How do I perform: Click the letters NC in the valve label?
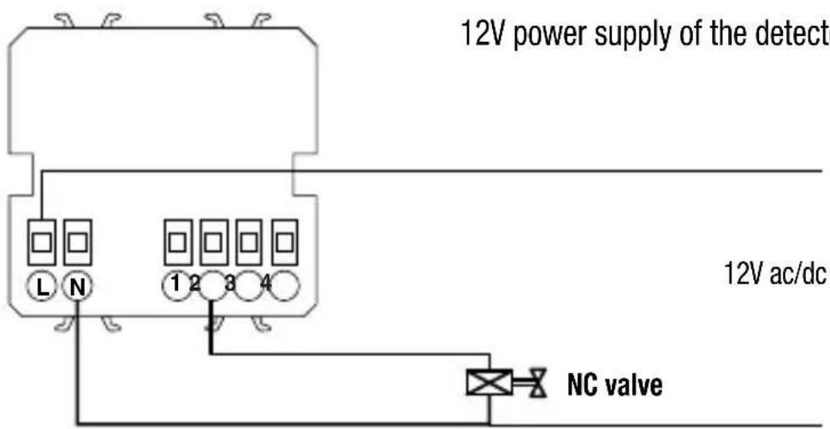pos(583,385)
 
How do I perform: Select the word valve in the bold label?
pos(633,385)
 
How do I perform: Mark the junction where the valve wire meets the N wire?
pos(489,422)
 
